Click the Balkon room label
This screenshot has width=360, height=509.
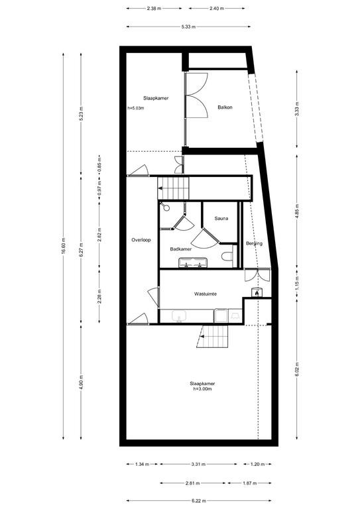(225, 107)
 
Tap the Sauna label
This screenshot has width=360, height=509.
(221, 219)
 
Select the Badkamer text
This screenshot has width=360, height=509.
(181, 249)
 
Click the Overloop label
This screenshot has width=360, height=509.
(141, 240)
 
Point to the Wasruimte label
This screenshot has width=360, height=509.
(206, 294)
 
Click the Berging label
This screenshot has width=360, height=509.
(254, 243)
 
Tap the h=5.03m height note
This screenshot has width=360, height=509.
(136, 108)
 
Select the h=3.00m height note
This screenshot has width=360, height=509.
(202, 388)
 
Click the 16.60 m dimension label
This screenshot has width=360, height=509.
(63, 246)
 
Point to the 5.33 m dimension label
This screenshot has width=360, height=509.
(188, 27)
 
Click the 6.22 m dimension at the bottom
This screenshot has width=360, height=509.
(199, 501)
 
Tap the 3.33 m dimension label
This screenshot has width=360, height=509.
(297, 109)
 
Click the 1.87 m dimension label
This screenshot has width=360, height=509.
(250, 483)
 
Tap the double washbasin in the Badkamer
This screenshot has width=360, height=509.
(193, 262)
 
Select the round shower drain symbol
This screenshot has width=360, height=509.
(166, 207)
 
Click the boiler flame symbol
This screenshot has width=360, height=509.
(257, 292)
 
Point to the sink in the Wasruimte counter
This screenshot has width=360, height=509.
(179, 316)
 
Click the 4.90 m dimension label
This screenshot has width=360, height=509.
(81, 382)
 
